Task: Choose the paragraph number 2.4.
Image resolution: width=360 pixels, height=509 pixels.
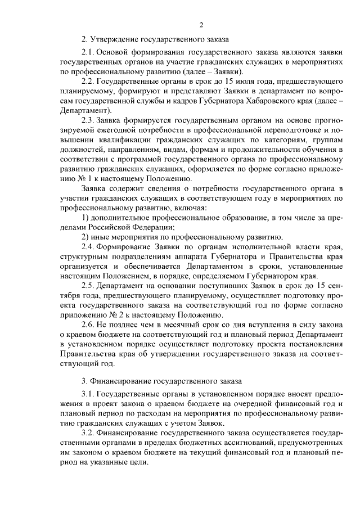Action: point(88,247)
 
